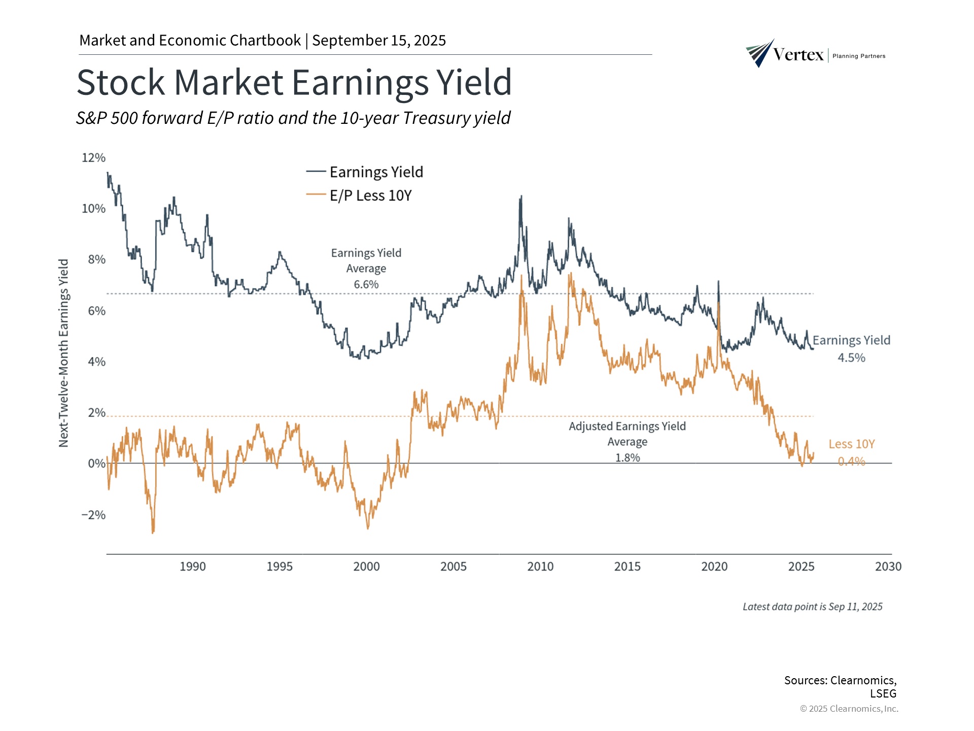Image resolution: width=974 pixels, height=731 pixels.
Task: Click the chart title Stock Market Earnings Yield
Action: (294, 82)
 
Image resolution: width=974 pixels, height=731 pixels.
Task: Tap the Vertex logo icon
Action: (759, 53)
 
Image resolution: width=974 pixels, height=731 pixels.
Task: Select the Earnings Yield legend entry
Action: (376, 172)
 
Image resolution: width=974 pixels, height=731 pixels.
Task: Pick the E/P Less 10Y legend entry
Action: (370, 195)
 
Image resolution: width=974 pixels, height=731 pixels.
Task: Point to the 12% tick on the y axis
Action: (94, 158)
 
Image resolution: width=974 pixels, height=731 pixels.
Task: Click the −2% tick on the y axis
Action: (94, 515)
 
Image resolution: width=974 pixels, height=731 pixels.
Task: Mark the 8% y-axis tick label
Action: (96, 260)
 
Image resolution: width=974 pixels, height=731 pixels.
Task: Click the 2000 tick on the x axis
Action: (366, 567)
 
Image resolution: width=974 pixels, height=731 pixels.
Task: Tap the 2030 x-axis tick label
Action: (888, 567)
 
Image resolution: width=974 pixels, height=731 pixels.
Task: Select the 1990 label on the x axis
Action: (193, 567)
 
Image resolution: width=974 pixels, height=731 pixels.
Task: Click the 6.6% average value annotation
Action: (366, 284)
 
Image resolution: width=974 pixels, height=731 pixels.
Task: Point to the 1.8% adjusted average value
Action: (628, 458)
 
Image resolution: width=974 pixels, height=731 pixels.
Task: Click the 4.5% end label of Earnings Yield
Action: (851, 358)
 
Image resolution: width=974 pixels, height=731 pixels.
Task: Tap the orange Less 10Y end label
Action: (852, 444)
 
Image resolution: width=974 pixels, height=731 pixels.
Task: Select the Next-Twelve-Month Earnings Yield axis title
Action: (63, 353)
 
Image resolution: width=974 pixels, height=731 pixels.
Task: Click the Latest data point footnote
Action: (812, 607)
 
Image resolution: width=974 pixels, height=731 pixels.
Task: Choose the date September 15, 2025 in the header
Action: (379, 41)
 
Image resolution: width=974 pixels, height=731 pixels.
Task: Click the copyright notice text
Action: (849, 709)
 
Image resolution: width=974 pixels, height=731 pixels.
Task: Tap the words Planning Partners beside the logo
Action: (859, 56)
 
